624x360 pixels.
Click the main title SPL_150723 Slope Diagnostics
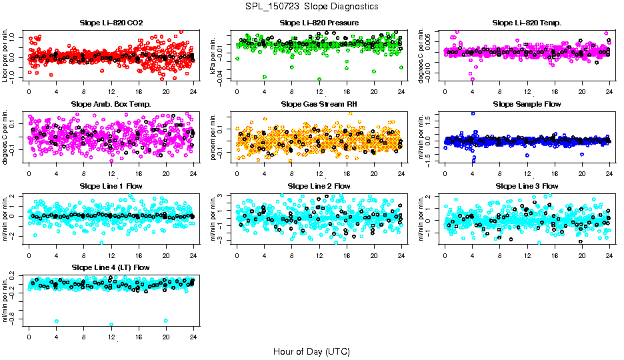[311, 6]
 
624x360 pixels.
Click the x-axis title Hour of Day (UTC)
[311, 351]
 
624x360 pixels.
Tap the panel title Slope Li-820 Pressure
[319, 23]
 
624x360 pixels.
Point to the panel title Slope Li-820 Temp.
[527, 23]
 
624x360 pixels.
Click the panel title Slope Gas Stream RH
[319, 104]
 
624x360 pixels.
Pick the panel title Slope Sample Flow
[527, 104]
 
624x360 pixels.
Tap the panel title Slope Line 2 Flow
[319, 185]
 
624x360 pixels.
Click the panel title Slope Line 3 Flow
[527, 185]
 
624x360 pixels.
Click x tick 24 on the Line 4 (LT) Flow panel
[193, 337]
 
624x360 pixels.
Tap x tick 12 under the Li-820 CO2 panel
[111, 91]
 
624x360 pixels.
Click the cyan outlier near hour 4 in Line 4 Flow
[57, 321]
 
